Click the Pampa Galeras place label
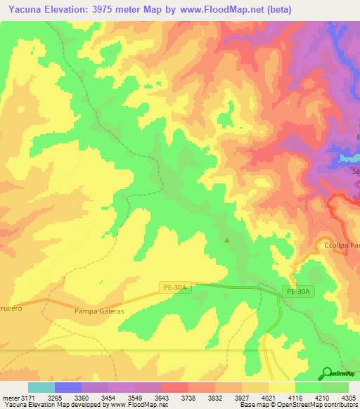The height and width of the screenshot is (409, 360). coord(98,311)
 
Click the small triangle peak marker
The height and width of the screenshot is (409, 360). coord(226,240)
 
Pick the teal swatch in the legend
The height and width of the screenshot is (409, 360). coord(41,387)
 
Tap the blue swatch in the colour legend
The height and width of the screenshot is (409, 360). coord(67,387)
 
